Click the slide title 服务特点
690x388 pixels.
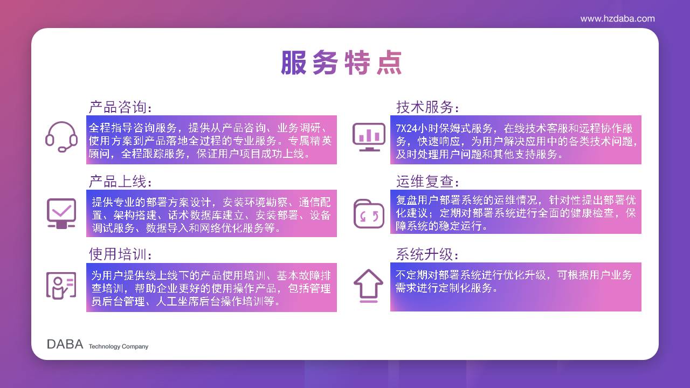[342, 63]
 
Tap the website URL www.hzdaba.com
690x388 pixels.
[617, 19]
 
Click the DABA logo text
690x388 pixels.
[65, 344]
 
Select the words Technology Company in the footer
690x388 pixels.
[119, 347]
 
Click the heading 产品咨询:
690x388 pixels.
[120, 107]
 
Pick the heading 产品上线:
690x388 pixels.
[120, 182]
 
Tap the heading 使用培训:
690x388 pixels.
[120, 254]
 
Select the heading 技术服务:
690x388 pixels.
[427, 107]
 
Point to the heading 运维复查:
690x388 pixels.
[427, 182]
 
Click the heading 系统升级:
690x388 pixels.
[427, 254]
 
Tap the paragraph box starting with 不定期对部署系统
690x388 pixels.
[516, 287]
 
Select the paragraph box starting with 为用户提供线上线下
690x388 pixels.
[211, 287]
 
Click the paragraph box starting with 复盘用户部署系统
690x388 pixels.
[516, 212]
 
